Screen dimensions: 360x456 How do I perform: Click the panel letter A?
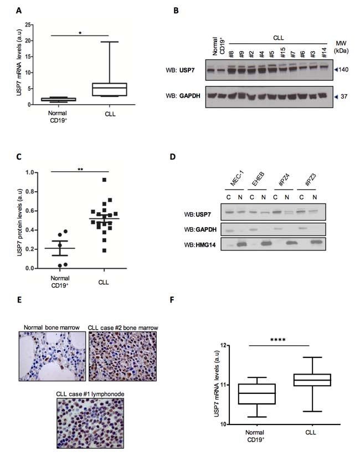(19, 11)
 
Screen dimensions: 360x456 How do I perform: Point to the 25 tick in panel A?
(28, 25)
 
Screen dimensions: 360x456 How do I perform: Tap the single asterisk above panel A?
(80, 33)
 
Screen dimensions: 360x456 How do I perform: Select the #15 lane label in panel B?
(282, 53)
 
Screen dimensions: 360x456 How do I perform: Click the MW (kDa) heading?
(341, 47)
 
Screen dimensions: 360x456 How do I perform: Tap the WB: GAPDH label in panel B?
(183, 96)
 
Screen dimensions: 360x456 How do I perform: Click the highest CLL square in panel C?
(104, 180)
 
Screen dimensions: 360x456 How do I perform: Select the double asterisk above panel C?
(80, 169)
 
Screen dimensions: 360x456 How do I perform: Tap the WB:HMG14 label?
(200, 245)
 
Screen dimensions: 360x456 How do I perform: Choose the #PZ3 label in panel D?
(310, 180)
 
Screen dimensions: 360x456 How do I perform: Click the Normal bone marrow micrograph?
(53, 356)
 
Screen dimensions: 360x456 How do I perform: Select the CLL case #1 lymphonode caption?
(90, 394)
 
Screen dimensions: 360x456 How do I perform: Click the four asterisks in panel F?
(277, 340)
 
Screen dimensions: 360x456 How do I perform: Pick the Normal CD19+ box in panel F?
(257, 394)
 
